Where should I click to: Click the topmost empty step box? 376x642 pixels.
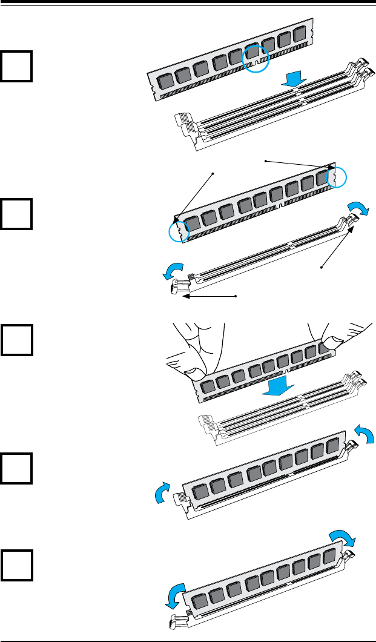click(x=16, y=66)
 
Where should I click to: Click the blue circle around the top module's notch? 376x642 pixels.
click(x=255, y=58)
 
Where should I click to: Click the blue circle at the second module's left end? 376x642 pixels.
click(x=179, y=231)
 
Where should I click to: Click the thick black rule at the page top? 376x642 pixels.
click(x=188, y=2)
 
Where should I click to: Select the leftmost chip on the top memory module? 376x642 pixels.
click(x=165, y=82)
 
